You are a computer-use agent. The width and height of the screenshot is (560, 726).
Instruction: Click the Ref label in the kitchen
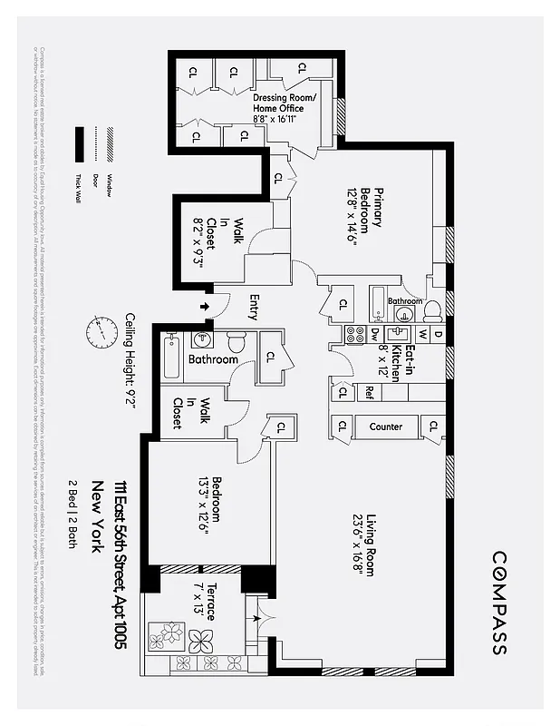coord(370,393)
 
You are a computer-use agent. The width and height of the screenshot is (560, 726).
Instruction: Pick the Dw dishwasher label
coord(375,335)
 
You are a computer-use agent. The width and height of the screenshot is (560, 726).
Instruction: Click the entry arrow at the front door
coord(204,307)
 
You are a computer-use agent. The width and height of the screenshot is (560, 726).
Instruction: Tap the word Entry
coord(253,307)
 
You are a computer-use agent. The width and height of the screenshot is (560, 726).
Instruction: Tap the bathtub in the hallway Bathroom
coord(171,358)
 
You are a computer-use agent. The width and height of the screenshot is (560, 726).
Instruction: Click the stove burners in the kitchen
coord(357,334)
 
